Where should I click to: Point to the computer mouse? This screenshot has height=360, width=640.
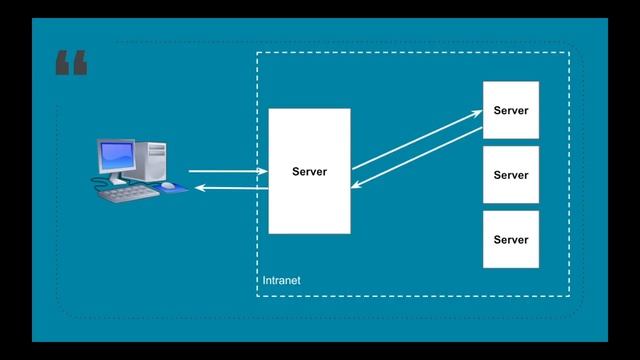pos(168,186)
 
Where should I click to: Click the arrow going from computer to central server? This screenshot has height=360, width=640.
pos(226,171)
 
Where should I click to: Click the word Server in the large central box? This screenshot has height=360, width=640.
pos(309,172)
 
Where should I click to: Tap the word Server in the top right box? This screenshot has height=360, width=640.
pos(510,111)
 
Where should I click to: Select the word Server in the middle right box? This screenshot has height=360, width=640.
pos(510,175)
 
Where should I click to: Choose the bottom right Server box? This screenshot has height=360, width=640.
pos(510,239)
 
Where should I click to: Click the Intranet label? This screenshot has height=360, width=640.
pos(281,281)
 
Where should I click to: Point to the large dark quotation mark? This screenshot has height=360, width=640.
pos(71,65)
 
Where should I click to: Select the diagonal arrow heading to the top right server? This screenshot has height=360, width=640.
pos(415,139)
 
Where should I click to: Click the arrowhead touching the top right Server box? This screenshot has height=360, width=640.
pos(478,113)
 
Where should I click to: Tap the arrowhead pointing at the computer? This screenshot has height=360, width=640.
pos(199,188)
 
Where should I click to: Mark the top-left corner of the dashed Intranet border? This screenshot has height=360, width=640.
pos(257,52)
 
